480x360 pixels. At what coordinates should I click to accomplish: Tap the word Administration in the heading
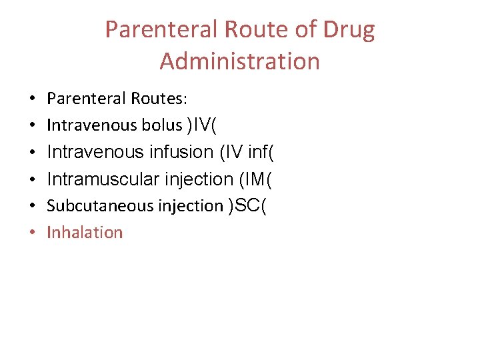(x=240, y=61)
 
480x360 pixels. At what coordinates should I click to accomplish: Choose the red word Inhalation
(x=85, y=233)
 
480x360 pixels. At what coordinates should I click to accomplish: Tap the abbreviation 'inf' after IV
(x=257, y=152)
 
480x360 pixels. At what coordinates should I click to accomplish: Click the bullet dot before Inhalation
(x=33, y=233)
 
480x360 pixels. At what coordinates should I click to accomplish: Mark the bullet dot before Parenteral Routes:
(x=33, y=99)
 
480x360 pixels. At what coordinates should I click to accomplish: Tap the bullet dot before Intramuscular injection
(x=33, y=179)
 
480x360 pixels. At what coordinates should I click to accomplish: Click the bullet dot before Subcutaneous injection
(x=33, y=206)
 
